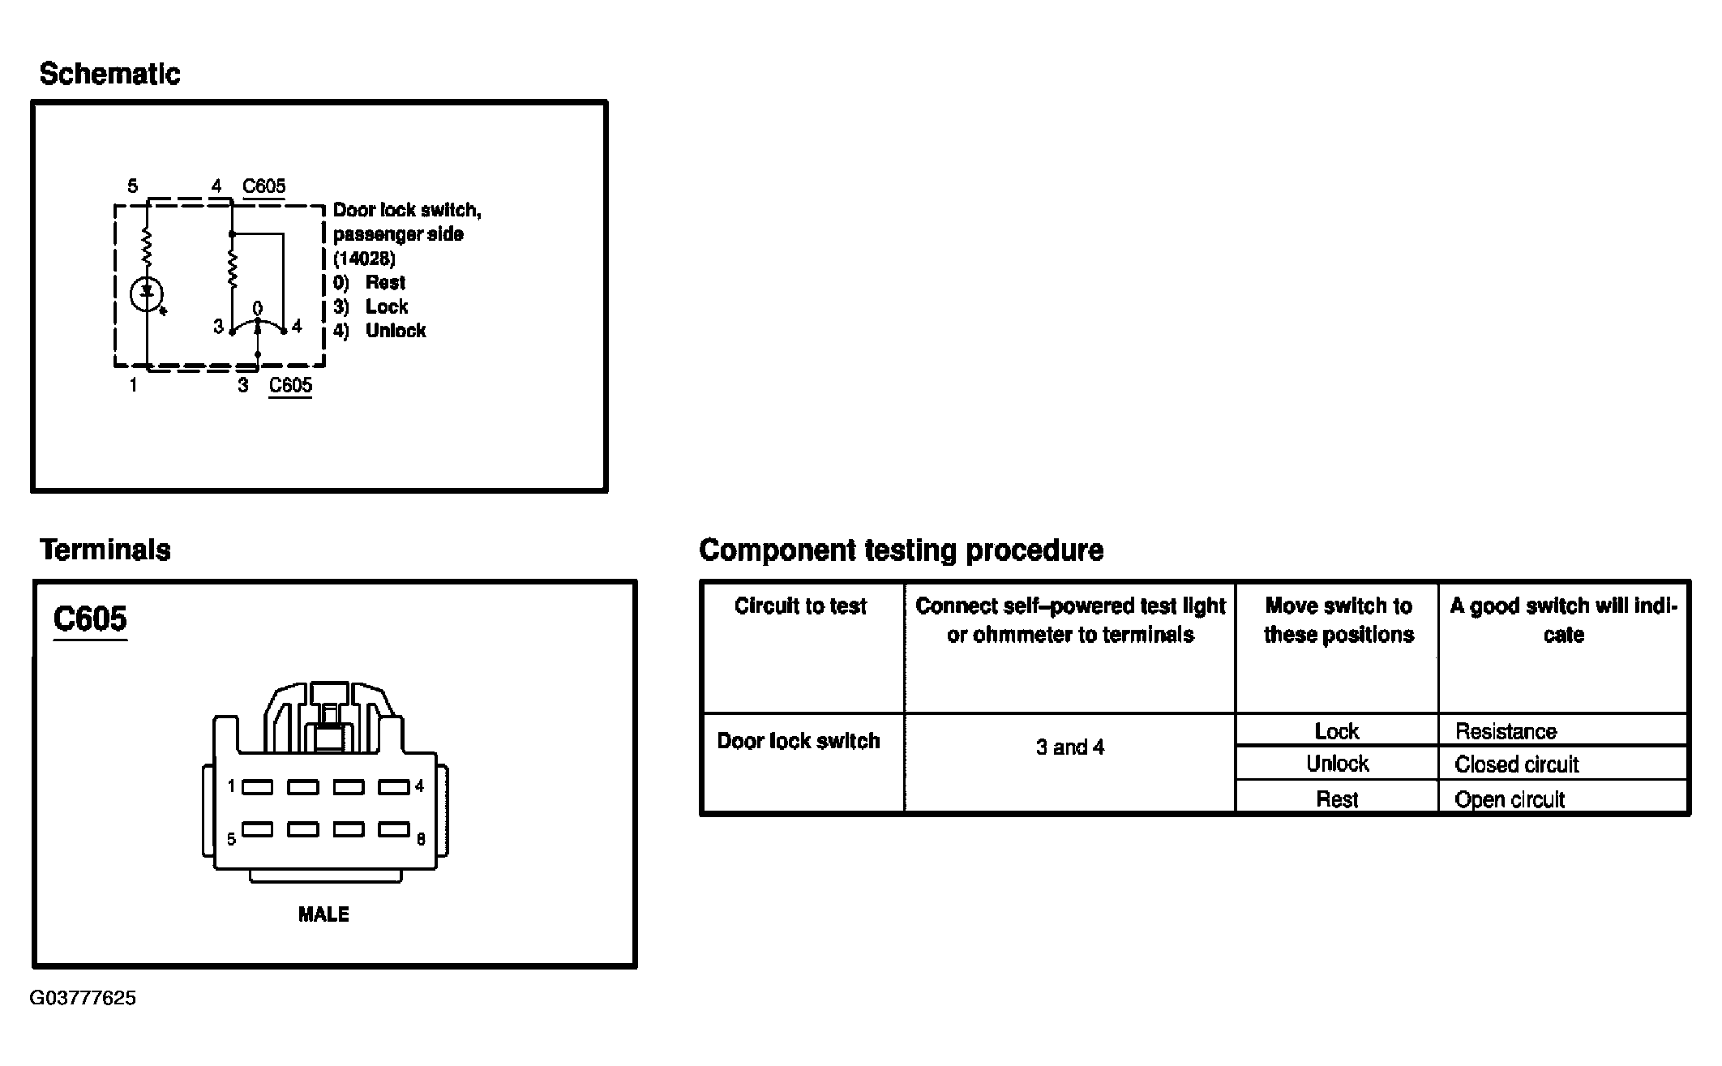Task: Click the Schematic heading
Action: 109,74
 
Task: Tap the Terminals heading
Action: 105,550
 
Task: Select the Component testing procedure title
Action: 901,550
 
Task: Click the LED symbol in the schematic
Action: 148,294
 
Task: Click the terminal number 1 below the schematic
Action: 133,386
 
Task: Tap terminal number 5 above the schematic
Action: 132,186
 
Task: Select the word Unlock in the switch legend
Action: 396,330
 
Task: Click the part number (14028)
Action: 365,259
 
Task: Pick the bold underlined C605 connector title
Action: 90,619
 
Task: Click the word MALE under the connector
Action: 323,914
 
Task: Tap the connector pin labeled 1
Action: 257,786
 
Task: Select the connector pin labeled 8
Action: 394,829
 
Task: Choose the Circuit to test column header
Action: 801,606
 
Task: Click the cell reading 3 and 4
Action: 1070,747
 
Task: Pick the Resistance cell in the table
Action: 1506,732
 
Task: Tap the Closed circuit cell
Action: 1516,764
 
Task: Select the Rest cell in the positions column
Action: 1337,799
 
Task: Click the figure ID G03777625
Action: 83,998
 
